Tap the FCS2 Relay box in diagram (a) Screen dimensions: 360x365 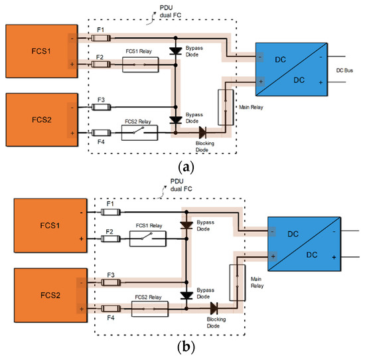(139, 133)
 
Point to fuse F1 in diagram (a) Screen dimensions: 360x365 (102, 38)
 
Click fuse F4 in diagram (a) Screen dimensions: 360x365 (102, 133)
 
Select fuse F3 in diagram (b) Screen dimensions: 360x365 (111, 282)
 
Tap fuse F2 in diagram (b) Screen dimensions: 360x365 (111, 238)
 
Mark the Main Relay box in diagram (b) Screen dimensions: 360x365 (234, 285)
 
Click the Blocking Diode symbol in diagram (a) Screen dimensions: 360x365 (202, 133)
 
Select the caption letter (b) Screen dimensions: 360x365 (182, 347)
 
